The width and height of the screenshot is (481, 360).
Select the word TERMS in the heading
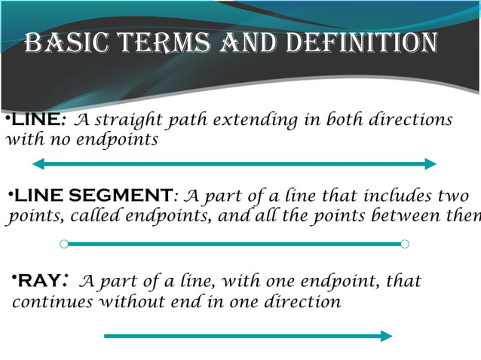pos(169,43)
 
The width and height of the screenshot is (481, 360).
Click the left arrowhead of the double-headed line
pos(38,163)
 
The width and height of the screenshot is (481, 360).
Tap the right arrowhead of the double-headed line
pos(431,163)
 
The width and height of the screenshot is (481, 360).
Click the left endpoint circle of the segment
pos(64,243)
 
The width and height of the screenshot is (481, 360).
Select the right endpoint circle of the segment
pos(405,243)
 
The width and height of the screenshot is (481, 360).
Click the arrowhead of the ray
pos(387,336)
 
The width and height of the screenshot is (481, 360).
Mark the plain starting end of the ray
pos(106,336)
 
